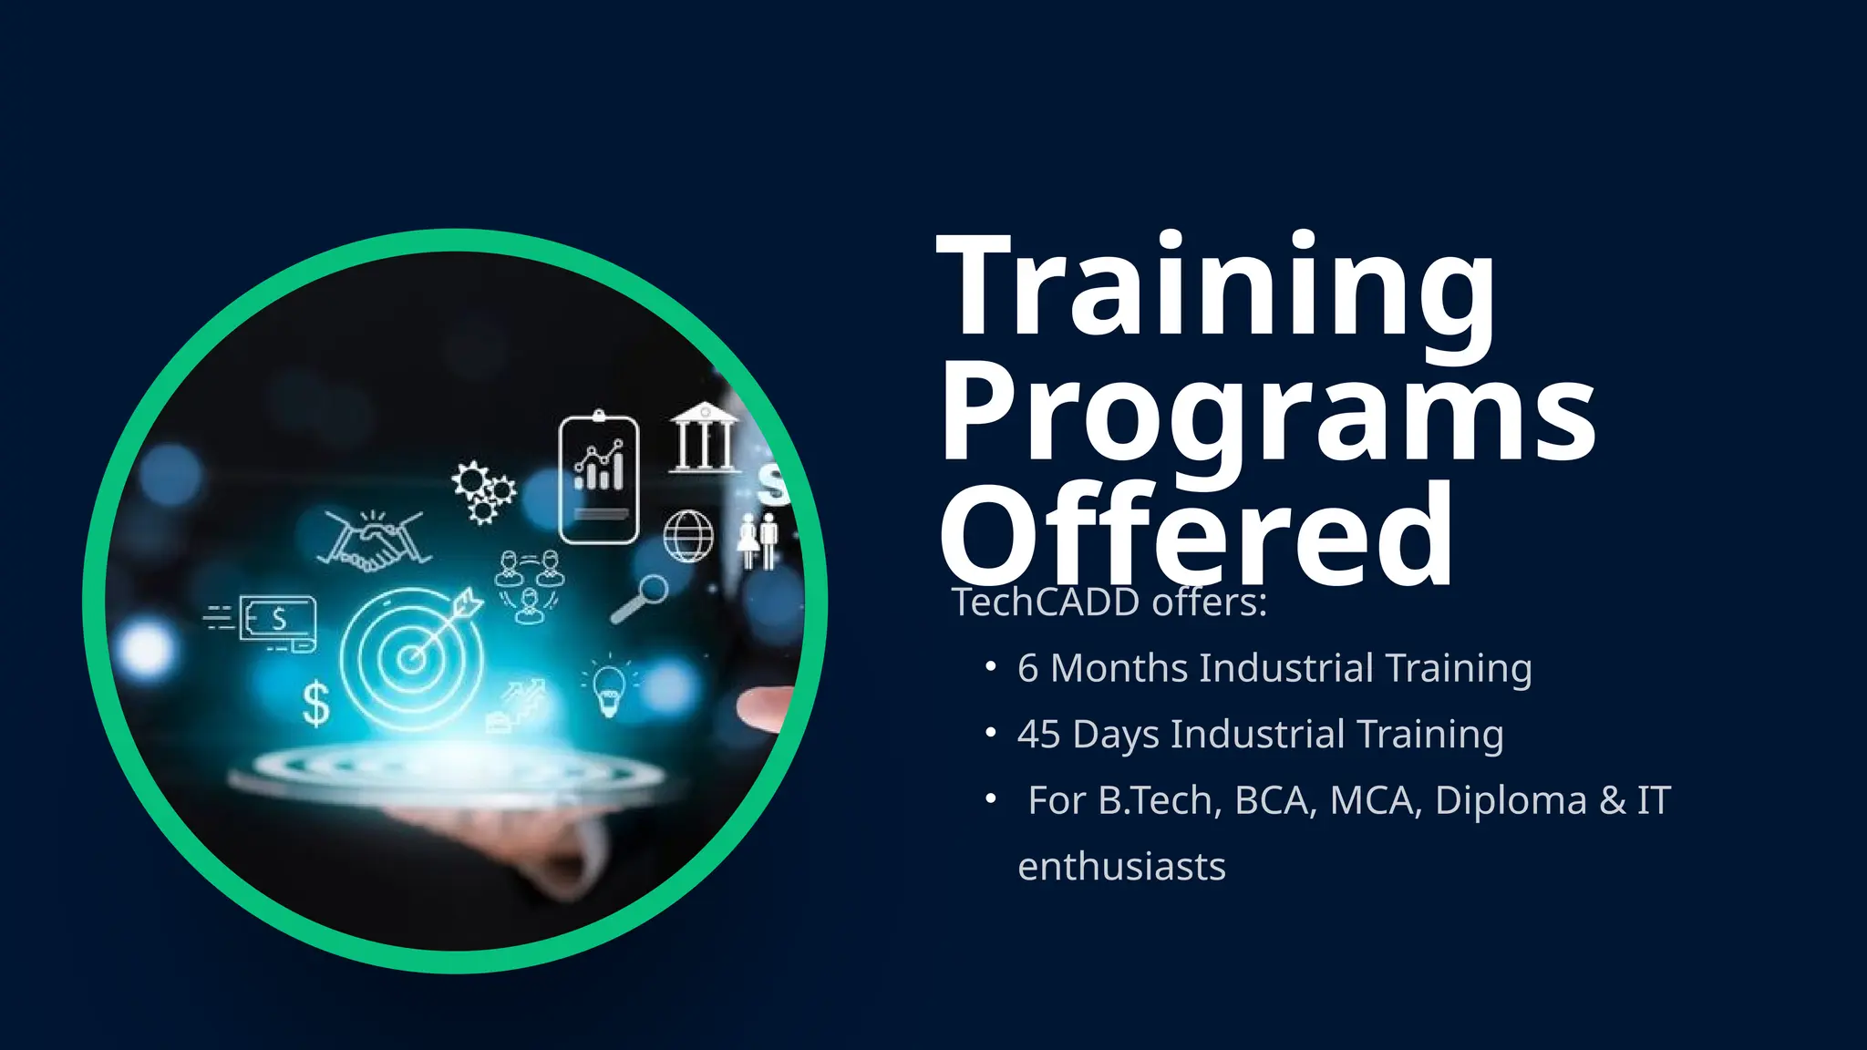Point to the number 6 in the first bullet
(1027, 669)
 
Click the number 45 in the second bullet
(1038, 735)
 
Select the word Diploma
(1511, 801)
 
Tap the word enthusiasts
(1121, 867)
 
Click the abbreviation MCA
(1376, 801)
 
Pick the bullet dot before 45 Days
(990, 733)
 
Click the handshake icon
(374, 541)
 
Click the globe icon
(688, 536)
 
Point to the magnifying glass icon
(641, 598)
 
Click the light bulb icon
(609, 688)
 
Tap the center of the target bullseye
(412, 658)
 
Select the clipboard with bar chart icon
(599, 479)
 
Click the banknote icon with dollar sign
(277, 621)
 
